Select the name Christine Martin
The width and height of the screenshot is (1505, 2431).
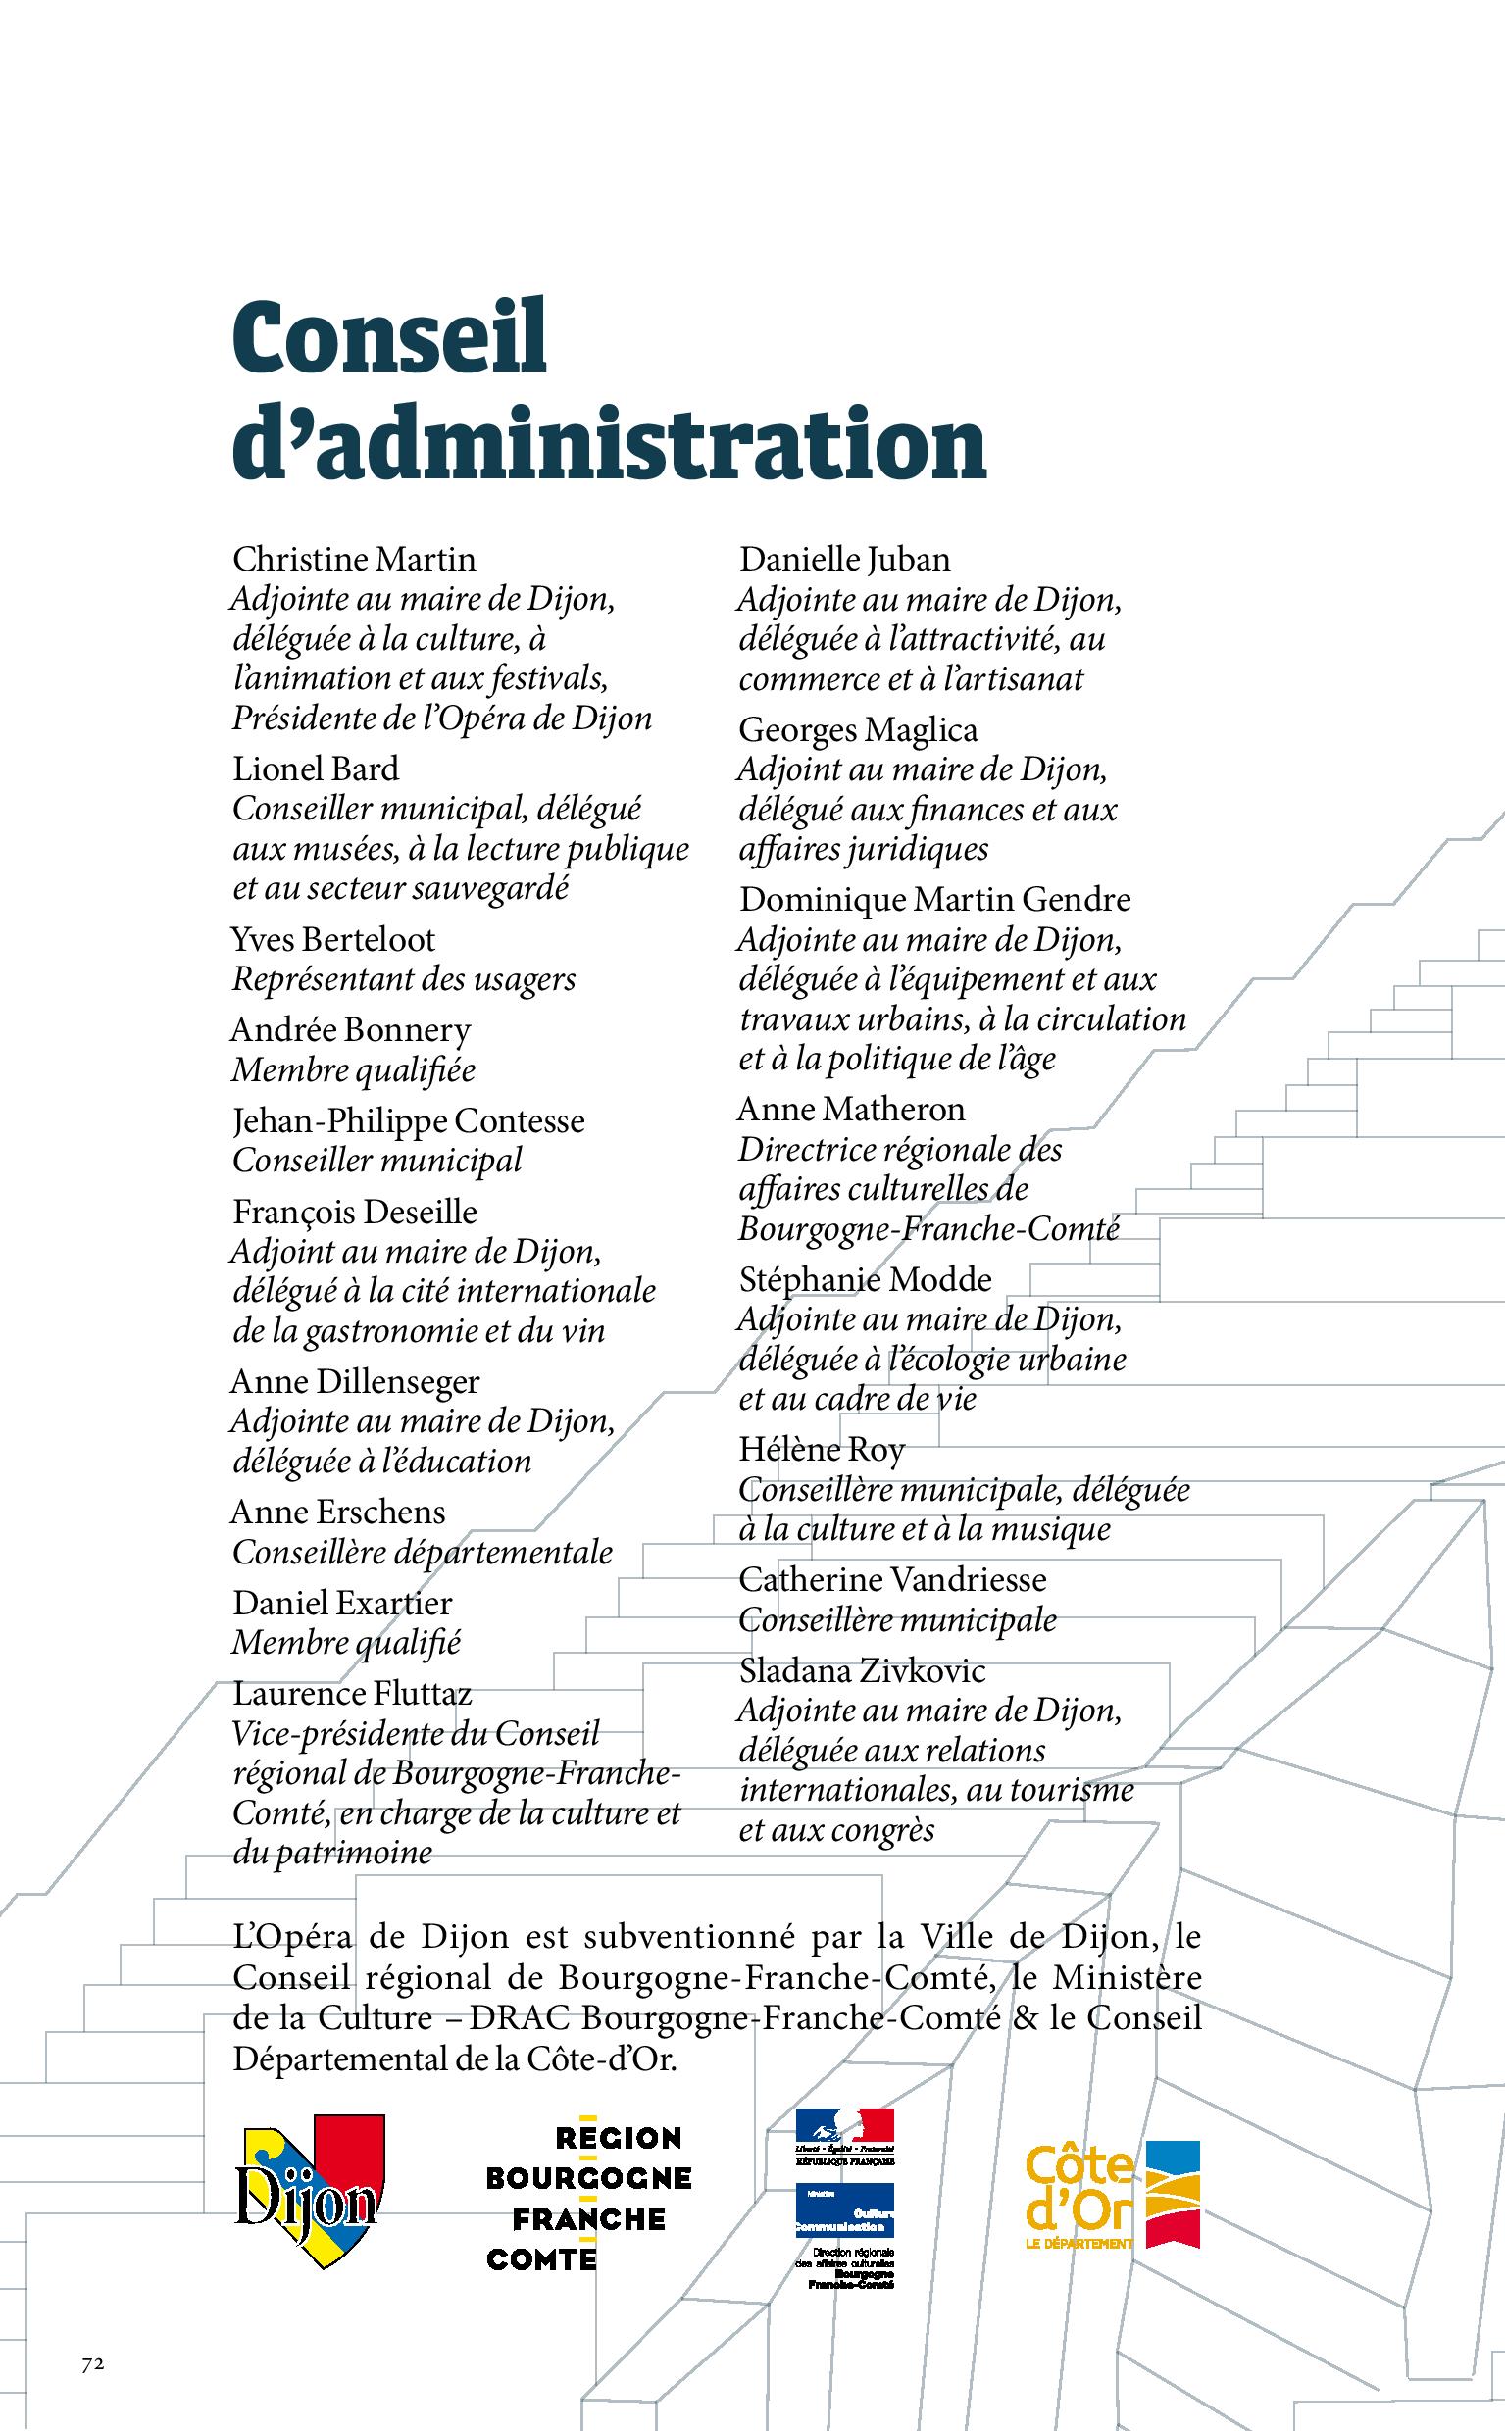[x=353, y=560]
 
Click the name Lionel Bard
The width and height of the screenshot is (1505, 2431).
[x=316, y=769]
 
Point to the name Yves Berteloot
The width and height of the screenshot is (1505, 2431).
[x=332, y=939]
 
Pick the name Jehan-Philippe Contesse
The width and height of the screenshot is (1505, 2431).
[x=408, y=1120]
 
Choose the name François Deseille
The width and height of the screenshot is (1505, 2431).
[x=354, y=1212]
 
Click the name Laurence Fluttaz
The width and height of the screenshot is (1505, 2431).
[x=351, y=1693]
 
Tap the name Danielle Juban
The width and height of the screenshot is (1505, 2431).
[x=844, y=560]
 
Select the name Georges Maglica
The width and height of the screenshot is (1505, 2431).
[x=857, y=730]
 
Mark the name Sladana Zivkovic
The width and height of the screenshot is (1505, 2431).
[x=861, y=1670]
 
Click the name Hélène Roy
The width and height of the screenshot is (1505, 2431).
[x=822, y=1450]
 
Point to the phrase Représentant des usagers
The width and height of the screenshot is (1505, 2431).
[x=403, y=979]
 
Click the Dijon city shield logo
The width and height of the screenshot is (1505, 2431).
[x=310, y=2190]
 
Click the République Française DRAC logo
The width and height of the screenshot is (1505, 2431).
[x=844, y=2198]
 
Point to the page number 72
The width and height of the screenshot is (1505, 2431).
[x=92, y=2364]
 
